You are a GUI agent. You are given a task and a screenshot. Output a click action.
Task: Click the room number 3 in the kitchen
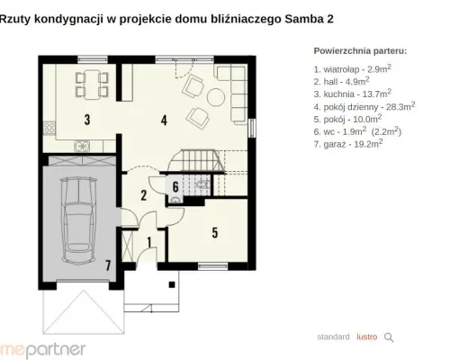[87, 120]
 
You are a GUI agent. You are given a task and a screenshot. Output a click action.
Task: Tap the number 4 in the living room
[164, 120]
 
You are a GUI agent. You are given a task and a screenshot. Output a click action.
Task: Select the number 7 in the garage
[108, 265]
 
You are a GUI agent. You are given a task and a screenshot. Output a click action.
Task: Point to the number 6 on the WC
[175, 187]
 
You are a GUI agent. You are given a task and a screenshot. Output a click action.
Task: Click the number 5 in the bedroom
[215, 233]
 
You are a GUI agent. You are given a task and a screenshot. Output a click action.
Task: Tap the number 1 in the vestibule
[149, 242]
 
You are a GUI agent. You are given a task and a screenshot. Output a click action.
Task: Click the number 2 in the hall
[144, 195]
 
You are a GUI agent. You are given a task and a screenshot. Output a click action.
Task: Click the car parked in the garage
[79, 220]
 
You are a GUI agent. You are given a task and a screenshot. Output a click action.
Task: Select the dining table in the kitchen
[92, 85]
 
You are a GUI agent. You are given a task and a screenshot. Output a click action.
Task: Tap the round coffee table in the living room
[216, 97]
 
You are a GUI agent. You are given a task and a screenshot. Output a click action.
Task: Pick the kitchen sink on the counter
[82, 146]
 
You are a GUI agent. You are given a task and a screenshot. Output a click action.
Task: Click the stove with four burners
[49, 128]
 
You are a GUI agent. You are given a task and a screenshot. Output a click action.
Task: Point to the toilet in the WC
[203, 184]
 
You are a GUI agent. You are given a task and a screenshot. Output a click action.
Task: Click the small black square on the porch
[172, 284]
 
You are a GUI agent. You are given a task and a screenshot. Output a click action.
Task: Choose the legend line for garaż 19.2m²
[348, 144]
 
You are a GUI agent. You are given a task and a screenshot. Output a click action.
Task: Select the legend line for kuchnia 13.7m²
[353, 94]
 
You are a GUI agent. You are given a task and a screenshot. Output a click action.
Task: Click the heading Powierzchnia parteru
[360, 51]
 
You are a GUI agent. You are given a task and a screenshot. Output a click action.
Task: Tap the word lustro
[367, 337]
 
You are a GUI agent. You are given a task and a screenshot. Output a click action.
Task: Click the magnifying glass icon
[389, 337]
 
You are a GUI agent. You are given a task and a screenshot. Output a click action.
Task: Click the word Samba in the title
[303, 19]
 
